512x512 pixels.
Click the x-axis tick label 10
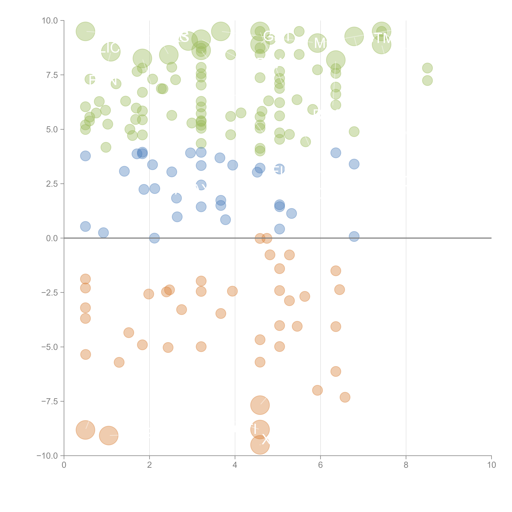tap(491, 465)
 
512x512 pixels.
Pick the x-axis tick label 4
tap(235, 465)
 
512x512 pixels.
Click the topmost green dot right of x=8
tap(427, 68)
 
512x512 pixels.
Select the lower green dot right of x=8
tap(427, 81)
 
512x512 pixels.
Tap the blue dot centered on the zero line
tap(154, 238)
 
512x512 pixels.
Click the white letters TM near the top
tap(383, 38)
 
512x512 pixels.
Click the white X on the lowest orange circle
tap(266, 440)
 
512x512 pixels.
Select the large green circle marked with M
tap(317, 43)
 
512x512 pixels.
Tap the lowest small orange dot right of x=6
tap(345, 397)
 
